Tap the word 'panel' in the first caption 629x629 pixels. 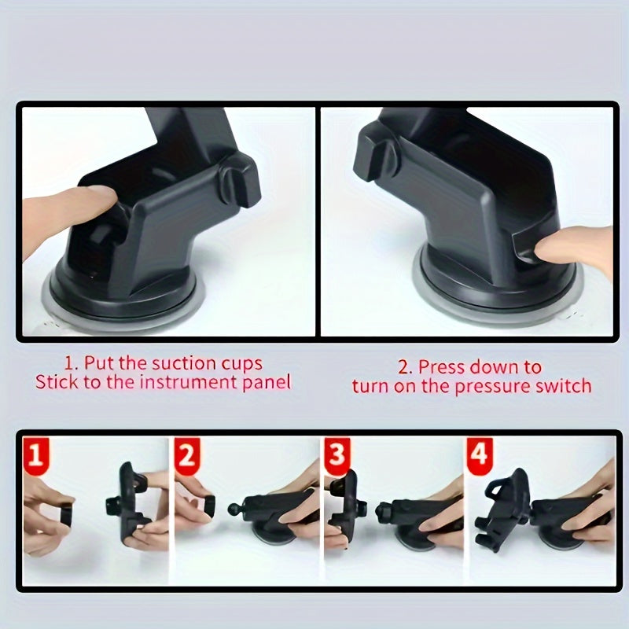pyautogui.click(x=264, y=383)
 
